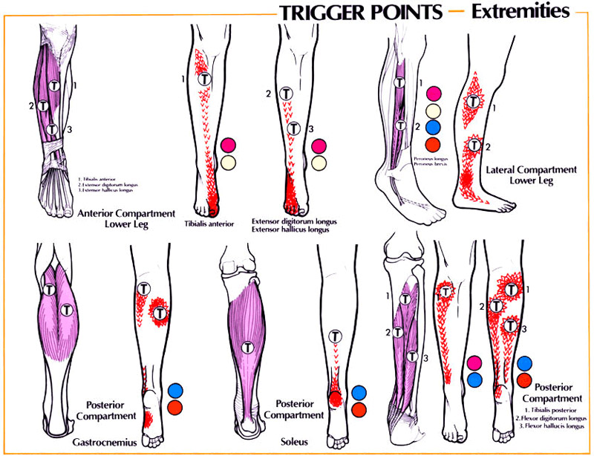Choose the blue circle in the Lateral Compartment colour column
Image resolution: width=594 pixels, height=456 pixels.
coord(434,126)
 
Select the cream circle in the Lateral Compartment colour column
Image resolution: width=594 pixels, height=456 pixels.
coord(434,110)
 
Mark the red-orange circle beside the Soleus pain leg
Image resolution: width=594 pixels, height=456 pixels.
coord(359,410)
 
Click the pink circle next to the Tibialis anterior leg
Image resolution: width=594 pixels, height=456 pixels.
coord(228,145)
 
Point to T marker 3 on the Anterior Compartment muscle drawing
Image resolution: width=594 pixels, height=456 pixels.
coord(52,128)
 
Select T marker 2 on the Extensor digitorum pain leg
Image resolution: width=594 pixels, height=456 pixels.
coord(286,94)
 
